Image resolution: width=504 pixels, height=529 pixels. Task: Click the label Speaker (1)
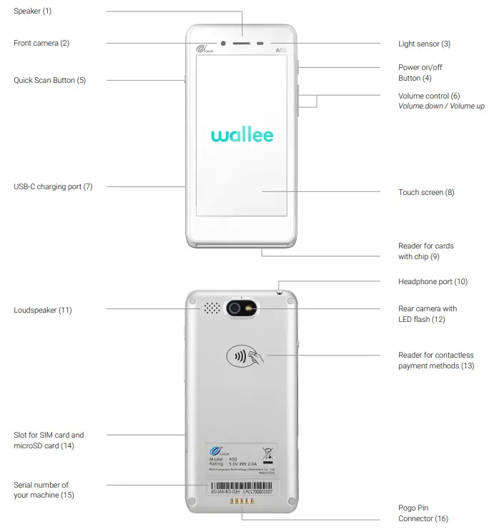(33, 11)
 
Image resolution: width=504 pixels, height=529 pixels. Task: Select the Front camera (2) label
(41, 44)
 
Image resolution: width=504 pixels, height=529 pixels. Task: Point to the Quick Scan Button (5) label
(49, 81)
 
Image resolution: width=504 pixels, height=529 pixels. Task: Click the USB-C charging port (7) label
(53, 187)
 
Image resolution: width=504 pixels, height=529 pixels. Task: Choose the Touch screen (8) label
(426, 193)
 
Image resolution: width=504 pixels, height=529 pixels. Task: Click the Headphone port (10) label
(433, 282)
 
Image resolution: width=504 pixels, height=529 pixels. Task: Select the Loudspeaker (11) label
(43, 311)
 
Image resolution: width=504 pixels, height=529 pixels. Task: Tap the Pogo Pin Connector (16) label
(423, 513)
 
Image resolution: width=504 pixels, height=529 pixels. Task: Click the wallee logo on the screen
(242, 135)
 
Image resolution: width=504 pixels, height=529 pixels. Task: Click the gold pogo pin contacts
(241, 503)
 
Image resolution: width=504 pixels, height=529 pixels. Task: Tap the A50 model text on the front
(281, 51)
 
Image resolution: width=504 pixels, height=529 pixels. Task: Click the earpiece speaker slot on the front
(242, 43)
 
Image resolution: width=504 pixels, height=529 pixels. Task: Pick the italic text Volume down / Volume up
(441, 106)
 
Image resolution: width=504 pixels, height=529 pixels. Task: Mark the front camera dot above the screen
(223, 43)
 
